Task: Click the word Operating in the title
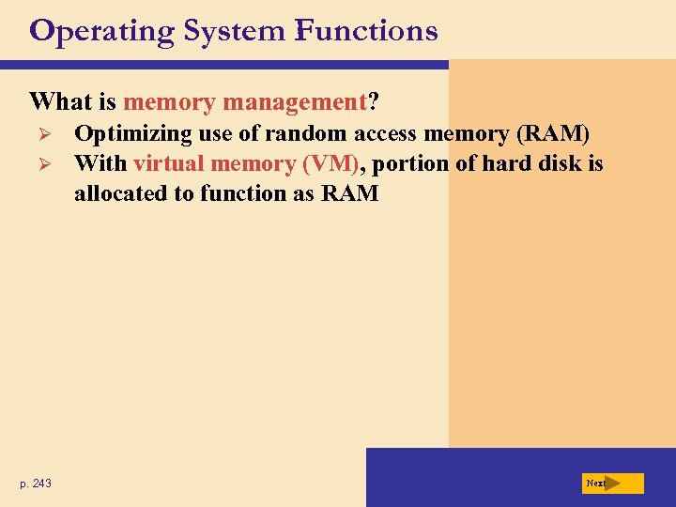coord(101,32)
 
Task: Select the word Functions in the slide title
coord(365,32)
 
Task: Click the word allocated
coord(122,194)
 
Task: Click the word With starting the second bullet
coord(100,164)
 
